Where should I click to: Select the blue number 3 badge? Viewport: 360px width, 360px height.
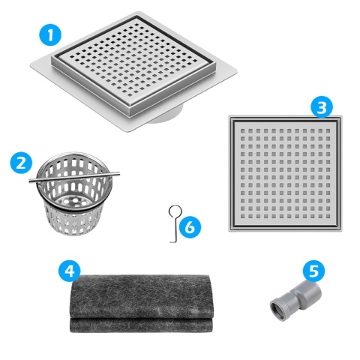tap(321, 107)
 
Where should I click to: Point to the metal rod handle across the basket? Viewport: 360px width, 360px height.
tap(71, 178)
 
